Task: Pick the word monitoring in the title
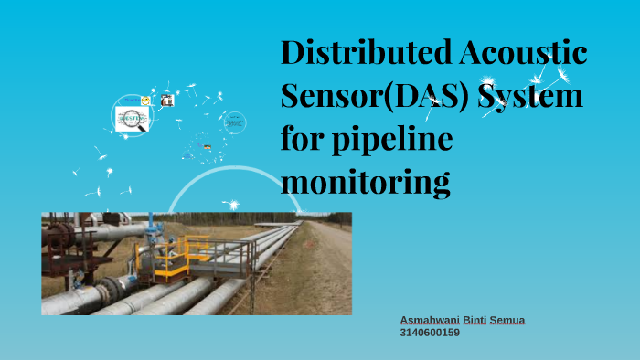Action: pyautogui.click(x=365, y=183)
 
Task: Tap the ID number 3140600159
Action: pyautogui.click(x=430, y=333)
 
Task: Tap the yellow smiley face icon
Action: pyautogui.click(x=145, y=100)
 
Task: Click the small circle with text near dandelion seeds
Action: pyautogui.click(x=234, y=122)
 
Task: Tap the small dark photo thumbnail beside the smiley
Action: pyautogui.click(x=166, y=101)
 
